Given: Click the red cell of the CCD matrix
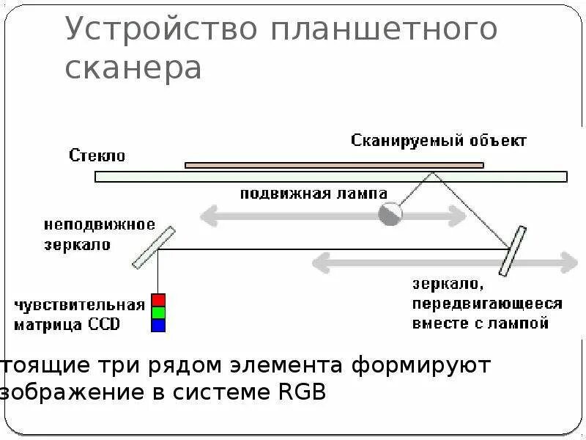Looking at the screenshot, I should (158, 300).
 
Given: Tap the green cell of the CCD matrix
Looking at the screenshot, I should (158, 312).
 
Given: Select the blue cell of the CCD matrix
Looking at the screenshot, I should (158, 325).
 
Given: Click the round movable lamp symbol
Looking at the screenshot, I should (390, 214).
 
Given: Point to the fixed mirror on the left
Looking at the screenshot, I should (155, 247).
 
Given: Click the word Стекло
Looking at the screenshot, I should (97, 155).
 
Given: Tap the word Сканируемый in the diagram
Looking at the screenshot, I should (406, 140).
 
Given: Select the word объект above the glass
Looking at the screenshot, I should (499, 140).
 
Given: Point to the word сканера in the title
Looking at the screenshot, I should (133, 67).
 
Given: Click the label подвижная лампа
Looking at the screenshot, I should (313, 194).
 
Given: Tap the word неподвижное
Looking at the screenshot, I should (99, 224).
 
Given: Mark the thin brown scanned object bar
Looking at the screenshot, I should (334, 165).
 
